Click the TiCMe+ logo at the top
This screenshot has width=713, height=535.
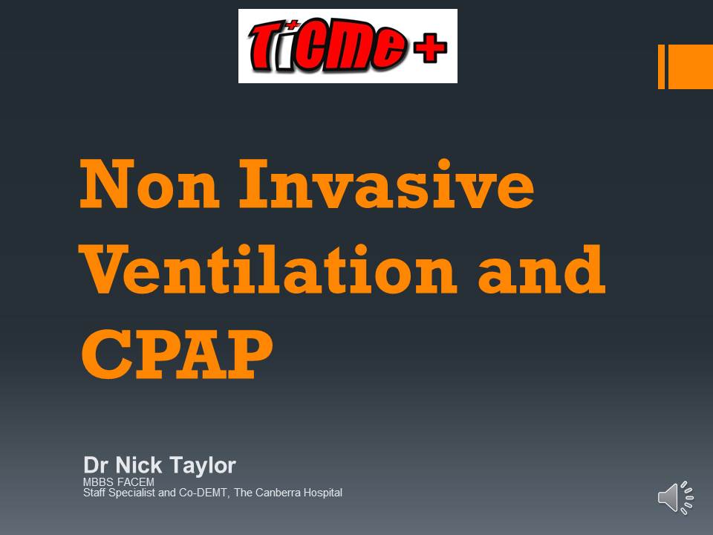coord(348,46)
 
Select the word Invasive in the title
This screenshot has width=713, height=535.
coord(387,184)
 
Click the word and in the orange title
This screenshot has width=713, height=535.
coord(541,269)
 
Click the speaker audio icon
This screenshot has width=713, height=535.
coord(676,498)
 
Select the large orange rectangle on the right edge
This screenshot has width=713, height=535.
coord(690,67)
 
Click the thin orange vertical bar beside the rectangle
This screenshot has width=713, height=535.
coord(661,67)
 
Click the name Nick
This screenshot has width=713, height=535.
coord(139,465)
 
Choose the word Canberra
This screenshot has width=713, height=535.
coord(277,493)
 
